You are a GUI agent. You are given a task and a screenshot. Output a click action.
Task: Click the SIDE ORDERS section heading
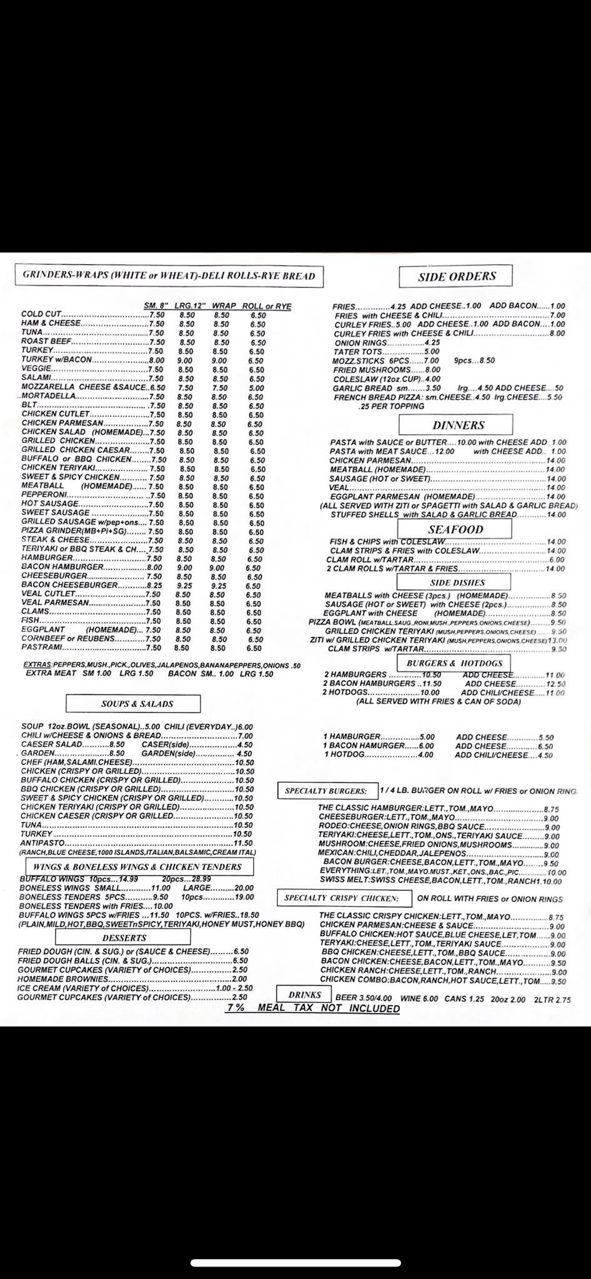click(x=456, y=276)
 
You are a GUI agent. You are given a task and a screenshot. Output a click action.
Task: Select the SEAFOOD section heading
click(x=455, y=529)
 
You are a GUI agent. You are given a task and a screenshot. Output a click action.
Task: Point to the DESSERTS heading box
click(x=124, y=937)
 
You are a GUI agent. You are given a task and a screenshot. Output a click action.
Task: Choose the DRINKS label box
click(x=304, y=995)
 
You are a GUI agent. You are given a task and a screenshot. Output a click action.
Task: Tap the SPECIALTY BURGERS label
click(x=326, y=791)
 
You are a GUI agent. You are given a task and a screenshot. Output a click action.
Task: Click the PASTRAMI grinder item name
click(x=42, y=648)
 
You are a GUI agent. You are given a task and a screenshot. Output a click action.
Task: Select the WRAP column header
click(x=223, y=306)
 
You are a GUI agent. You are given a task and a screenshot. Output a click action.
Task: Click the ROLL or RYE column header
click(x=267, y=306)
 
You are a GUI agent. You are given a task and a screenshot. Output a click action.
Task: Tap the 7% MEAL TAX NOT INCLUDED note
click(x=312, y=1008)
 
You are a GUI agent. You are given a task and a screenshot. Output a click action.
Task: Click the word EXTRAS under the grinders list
click(x=37, y=665)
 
